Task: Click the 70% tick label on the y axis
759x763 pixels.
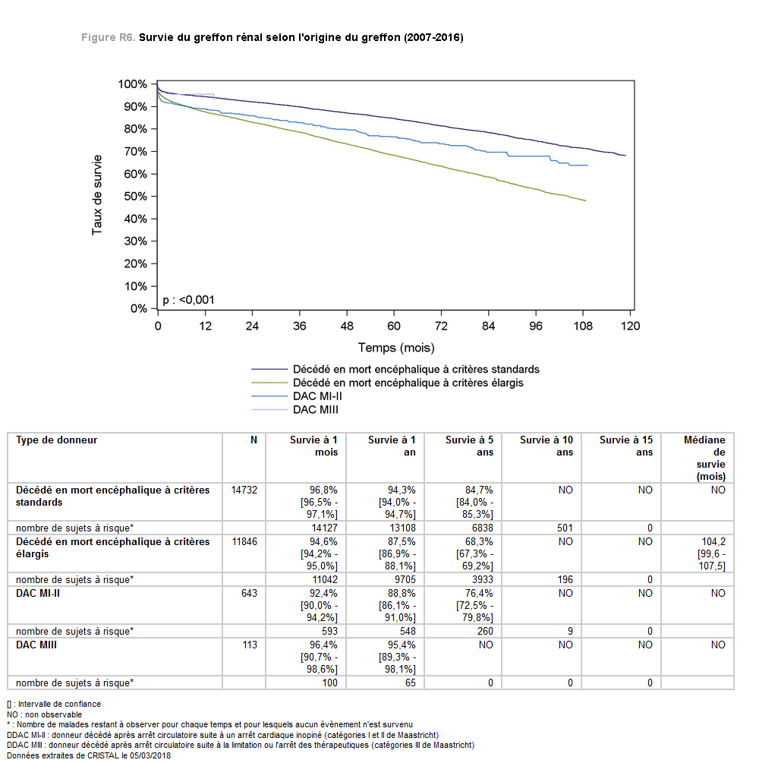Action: [135, 152]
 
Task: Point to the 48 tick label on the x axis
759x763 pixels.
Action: [346, 326]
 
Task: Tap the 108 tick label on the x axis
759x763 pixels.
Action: [583, 326]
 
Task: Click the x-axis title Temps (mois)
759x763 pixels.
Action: [396, 348]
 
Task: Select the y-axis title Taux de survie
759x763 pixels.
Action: [97, 194]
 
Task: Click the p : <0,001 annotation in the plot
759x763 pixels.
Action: [188, 300]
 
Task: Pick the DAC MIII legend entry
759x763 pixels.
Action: [294, 410]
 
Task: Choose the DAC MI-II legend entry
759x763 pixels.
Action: [297, 396]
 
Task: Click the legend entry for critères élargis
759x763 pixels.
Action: [387, 383]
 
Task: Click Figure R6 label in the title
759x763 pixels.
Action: [108, 37]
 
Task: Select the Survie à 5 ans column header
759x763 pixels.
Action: [469, 446]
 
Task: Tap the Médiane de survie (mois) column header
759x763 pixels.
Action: [704, 458]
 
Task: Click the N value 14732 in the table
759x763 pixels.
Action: [244, 490]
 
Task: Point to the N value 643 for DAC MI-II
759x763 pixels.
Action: [249, 593]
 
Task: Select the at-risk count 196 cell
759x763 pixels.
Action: [565, 579]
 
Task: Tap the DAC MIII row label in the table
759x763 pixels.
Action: [36, 645]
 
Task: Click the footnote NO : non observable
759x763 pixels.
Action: [44, 714]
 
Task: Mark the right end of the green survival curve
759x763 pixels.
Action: [585, 200]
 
